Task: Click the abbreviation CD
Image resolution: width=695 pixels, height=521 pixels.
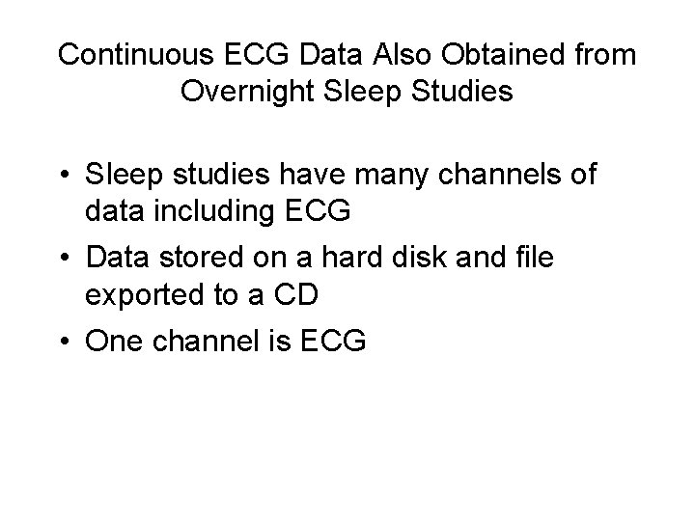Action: pos(289,294)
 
